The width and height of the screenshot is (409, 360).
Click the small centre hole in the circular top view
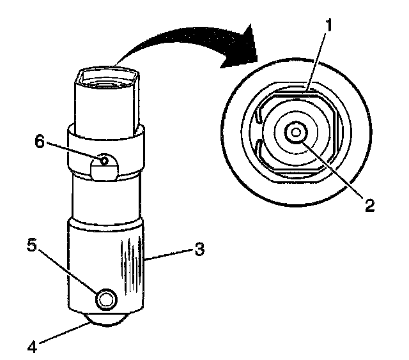pyautogui.click(x=295, y=132)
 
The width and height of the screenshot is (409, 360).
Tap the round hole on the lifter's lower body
pyautogui.click(x=106, y=298)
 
